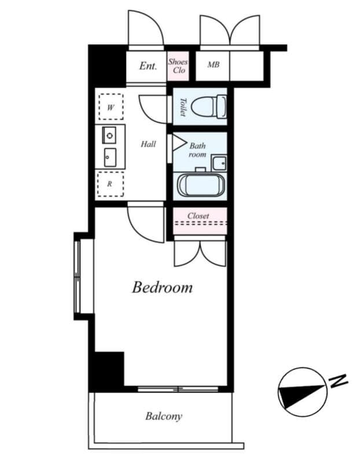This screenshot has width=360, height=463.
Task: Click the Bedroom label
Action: pos(162,287)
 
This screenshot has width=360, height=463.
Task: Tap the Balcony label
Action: pos(164,416)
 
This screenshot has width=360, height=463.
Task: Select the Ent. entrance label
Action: pos(148,66)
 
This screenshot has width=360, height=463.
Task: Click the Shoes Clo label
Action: pos(178,66)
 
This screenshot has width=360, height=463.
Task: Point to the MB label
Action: pos(214,65)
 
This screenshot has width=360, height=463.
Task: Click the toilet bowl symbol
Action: pos(208,106)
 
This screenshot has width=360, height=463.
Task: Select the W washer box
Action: pos(110,107)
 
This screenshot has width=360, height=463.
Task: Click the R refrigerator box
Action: pos(110,185)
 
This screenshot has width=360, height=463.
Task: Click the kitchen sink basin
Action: pos(109,156)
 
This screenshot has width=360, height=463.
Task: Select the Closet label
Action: pos(199,216)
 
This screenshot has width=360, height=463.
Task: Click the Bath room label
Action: pos(197,150)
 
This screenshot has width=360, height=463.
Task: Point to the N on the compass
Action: pos(339,381)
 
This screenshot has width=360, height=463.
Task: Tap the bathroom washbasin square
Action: pos(219,163)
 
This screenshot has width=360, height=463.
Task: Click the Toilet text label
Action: pos(183,107)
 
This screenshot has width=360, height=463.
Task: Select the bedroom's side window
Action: pos(78,275)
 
